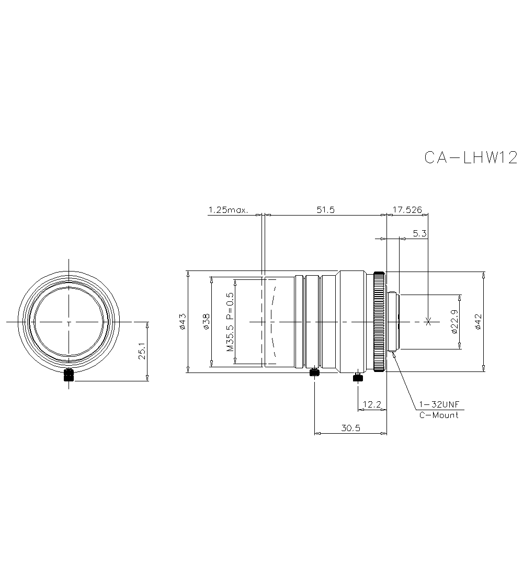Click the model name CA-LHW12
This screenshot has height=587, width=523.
tap(470, 158)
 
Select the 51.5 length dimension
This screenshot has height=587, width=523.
tap(325, 210)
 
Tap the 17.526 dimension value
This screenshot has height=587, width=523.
tap(407, 210)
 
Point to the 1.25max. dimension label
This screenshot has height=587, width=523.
tap(228, 210)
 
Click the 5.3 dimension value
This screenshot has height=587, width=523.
tap(419, 234)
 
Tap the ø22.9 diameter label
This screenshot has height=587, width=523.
tap(454, 321)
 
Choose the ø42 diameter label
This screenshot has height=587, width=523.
tap(477, 321)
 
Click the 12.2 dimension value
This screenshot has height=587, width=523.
tap(371, 404)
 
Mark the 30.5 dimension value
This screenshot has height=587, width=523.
tap(350, 428)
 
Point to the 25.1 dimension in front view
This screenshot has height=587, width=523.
tap(142, 351)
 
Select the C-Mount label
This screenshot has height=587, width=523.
tap(438, 415)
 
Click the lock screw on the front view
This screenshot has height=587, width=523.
tap(69, 375)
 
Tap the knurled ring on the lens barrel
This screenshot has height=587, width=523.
tap(379, 321)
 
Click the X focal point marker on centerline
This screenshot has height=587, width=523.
tap(428, 322)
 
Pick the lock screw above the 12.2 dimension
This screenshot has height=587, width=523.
tap(358, 378)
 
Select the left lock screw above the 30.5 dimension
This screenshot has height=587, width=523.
tap(314, 372)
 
